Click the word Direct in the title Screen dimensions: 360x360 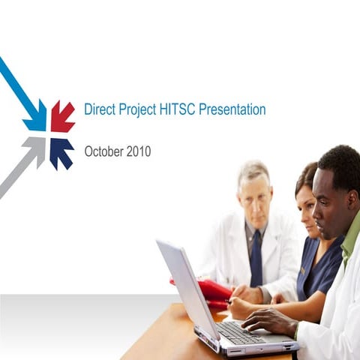point(100,109)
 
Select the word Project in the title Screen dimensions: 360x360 point(138,109)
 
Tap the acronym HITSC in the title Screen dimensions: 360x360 point(178,109)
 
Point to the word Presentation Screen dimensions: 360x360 point(232,109)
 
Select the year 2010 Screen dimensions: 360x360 point(138,151)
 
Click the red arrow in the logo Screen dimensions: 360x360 point(62,116)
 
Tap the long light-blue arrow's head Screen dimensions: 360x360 point(34,119)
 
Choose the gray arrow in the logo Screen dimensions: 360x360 point(34,150)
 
